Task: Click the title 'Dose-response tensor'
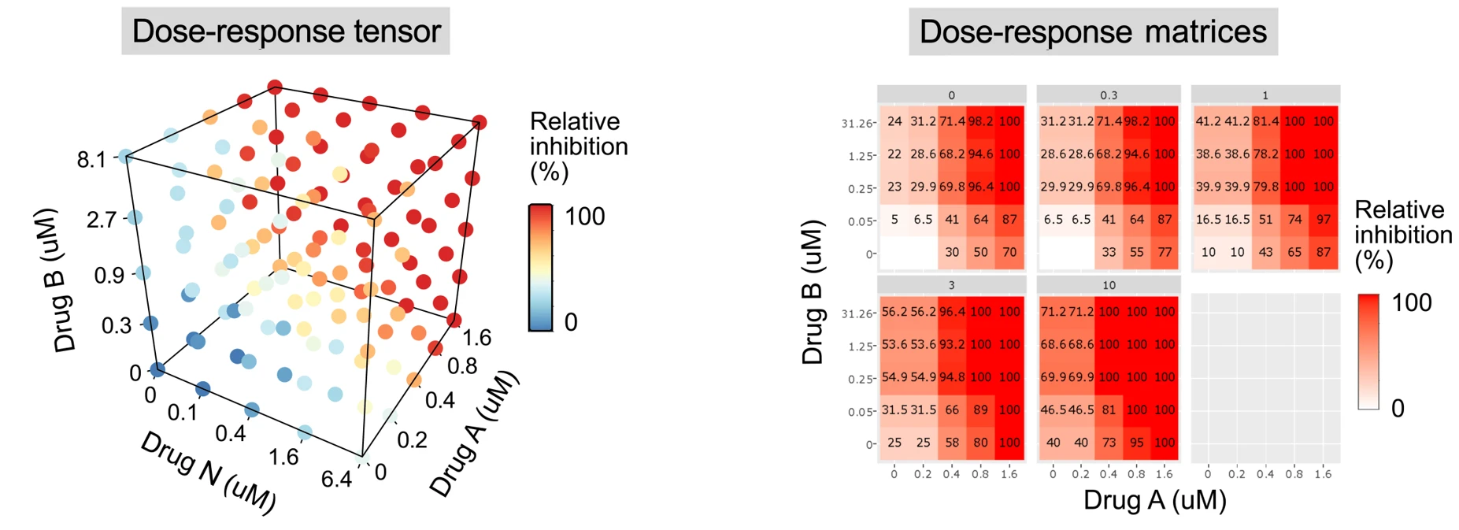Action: pyautogui.click(x=286, y=32)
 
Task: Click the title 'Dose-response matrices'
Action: pyautogui.click(x=1093, y=32)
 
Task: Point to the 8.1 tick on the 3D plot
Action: pyautogui.click(x=91, y=160)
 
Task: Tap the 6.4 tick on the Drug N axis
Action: pyautogui.click(x=336, y=478)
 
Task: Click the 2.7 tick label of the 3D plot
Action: pyautogui.click(x=102, y=220)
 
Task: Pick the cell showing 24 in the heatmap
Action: pyautogui.click(x=894, y=121)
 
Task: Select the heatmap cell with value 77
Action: pyautogui.click(x=1165, y=253)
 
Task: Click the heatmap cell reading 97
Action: pyautogui.click(x=1324, y=220)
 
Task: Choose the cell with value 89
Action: pyautogui.click(x=980, y=410)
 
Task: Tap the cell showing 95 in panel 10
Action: pyautogui.click(x=1136, y=443)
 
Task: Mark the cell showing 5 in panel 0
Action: pyautogui.click(x=894, y=220)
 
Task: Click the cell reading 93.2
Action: pyautogui.click(x=952, y=345)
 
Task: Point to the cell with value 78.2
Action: pyautogui.click(x=1265, y=154)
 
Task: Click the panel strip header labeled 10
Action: pyautogui.click(x=1109, y=285)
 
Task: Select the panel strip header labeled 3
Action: pyautogui.click(x=951, y=285)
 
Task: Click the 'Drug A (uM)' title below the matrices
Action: pyautogui.click(x=1154, y=500)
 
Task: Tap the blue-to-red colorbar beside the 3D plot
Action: pyautogui.click(x=540, y=268)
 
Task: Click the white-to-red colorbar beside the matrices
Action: pyautogui.click(x=1368, y=351)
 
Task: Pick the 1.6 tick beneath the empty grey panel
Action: pyautogui.click(x=1323, y=474)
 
